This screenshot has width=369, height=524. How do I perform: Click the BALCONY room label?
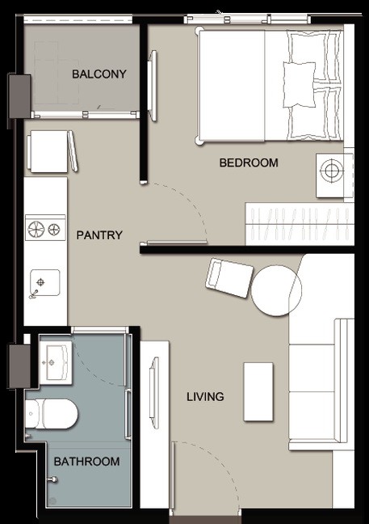[x=99, y=74]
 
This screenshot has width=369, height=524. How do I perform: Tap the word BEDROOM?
[x=249, y=163]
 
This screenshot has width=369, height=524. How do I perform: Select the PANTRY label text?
[x=99, y=235]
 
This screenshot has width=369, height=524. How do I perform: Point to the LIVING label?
[x=205, y=397]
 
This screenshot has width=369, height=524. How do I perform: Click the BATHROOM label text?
[x=86, y=462]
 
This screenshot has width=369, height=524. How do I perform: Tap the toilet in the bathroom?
[x=51, y=413]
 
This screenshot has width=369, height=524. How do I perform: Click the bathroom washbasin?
[x=56, y=362]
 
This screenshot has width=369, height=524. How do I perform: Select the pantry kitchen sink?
[x=45, y=283]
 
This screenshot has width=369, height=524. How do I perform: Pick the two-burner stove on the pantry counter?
[x=45, y=229]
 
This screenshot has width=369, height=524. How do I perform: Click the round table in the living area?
[x=276, y=291]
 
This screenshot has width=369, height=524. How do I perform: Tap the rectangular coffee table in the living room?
[x=258, y=391]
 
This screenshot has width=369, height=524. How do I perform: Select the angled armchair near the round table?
[x=229, y=277]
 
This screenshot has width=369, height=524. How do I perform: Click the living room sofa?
[x=321, y=384]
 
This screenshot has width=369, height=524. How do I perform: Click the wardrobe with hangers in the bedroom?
[x=300, y=223]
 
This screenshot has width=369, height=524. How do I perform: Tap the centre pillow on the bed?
[x=299, y=85]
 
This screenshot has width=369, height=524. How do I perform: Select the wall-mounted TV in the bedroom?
[x=153, y=86]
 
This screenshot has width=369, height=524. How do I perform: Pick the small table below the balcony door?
[x=48, y=151]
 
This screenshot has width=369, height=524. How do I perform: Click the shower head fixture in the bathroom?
[x=52, y=480]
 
